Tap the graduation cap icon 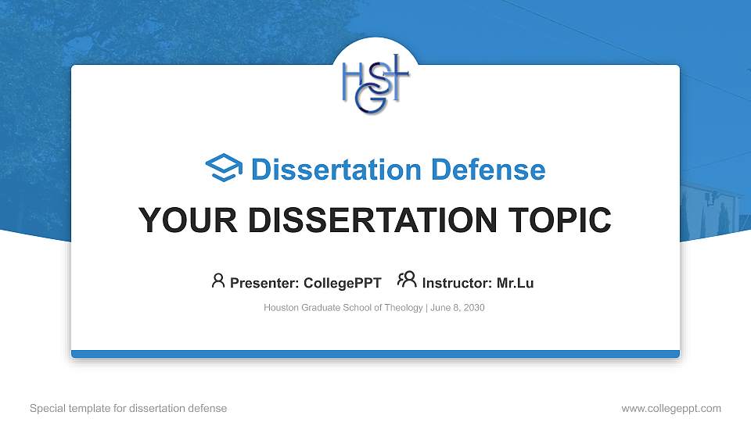point(225,169)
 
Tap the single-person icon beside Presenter point(218,281)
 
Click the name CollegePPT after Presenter point(343,283)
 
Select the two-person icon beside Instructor point(407,280)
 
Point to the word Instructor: point(457,283)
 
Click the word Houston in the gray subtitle point(281,308)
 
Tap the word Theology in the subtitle point(404,308)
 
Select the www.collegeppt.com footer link point(671,409)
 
